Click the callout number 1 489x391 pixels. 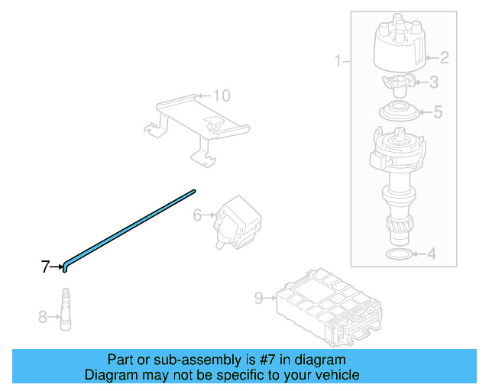(x=338, y=60)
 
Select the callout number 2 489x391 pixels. (x=445, y=57)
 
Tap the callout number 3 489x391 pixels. (x=433, y=82)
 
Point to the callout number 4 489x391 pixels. (x=432, y=254)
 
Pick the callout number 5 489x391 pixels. (x=437, y=112)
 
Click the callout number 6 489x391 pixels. (x=197, y=215)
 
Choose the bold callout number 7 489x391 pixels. (x=45, y=267)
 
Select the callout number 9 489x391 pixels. (x=258, y=298)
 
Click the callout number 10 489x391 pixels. (x=221, y=96)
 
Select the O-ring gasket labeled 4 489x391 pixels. (x=394, y=254)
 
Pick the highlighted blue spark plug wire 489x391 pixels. (x=130, y=227)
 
